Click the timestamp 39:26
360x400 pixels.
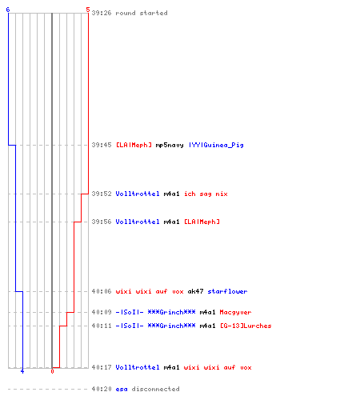point(102,13)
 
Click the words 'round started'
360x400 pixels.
point(142,13)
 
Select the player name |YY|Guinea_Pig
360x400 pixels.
point(216,145)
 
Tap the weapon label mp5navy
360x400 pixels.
point(170,145)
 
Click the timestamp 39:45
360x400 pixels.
point(102,145)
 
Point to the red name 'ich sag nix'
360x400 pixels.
point(206,194)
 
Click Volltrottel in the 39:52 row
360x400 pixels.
point(138,194)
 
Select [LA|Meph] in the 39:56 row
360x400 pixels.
point(202,222)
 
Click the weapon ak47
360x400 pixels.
point(195,291)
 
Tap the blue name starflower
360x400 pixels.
point(227,291)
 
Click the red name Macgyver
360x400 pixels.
point(235,312)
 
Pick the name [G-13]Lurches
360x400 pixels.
point(246,326)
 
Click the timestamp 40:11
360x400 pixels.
point(102,326)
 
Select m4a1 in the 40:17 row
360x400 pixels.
point(171,367)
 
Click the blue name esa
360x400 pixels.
point(122,389)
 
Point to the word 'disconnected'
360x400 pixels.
point(155,389)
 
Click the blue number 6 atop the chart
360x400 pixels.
point(8,10)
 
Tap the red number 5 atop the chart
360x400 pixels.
point(88,10)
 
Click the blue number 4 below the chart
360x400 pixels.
point(22,371)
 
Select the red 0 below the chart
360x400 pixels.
point(52,371)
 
